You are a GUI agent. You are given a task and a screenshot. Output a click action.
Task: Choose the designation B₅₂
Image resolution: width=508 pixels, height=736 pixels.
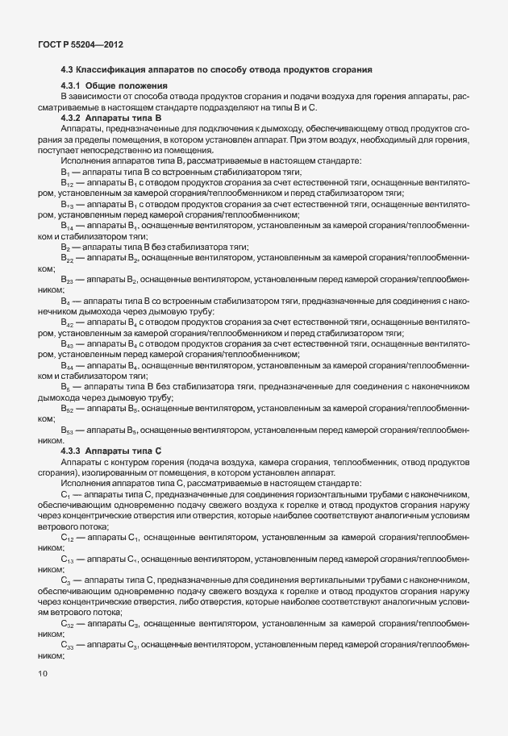[68, 409]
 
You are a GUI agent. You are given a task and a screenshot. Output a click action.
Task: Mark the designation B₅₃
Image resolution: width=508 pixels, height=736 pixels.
[68, 431]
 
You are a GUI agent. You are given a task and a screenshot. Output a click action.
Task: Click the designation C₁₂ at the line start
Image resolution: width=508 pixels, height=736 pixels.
[67, 535]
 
